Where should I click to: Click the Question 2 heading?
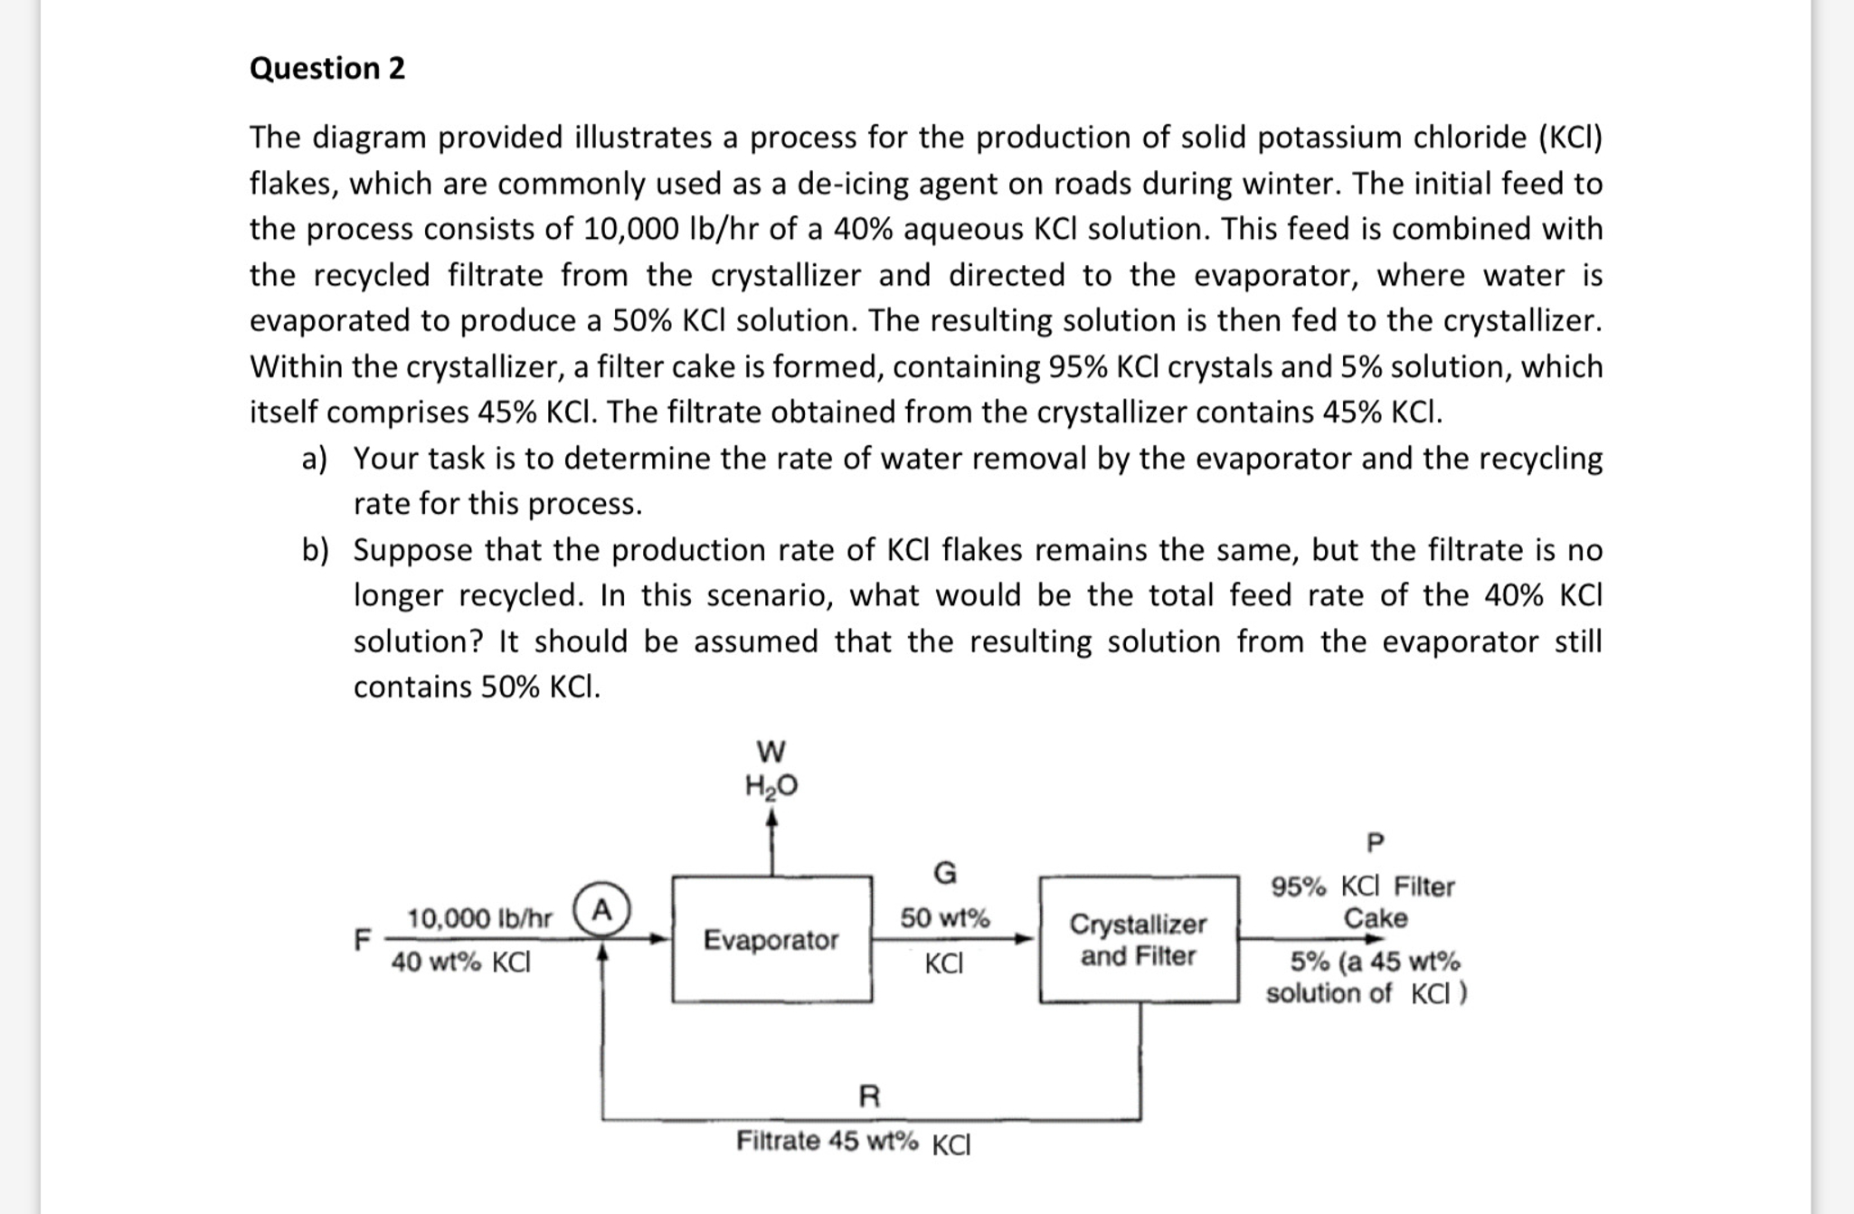pyautogui.click(x=326, y=69)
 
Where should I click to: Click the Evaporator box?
pyautogui.click(x=771, y=939)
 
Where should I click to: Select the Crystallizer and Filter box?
pyautogui.click(x=1138, y=939)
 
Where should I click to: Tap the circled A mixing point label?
pyautogui.click(x=602, y=909)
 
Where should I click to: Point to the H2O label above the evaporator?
pyautogui.click(x=771, y=785)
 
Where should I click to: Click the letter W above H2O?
pyautogui.click(x=771, y=751)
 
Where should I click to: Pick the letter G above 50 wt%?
pyautogui.click(x=944, y=873)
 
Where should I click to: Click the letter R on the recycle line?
pyautogui.click(x=868, y=1096)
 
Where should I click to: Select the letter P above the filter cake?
pyautogui.click(x=1375, y=842)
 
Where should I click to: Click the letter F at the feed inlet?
pyautogui.click(x=362, y=940)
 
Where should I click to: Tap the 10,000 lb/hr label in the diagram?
pyautogui.click(x=478, y=918)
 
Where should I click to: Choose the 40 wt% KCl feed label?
pyautogui.click(x=460, y=962)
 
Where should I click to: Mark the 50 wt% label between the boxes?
pyautogui.click(x=944, y=918)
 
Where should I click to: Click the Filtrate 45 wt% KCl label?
pyautogui.click(x=853, y=1142)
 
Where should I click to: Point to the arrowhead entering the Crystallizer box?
pyautogui.click(x=1026, y=939)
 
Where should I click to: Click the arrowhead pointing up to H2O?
pyautogui.click(x=771, y=817)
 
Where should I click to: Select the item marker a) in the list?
pyautogui.click(x=315, y=459)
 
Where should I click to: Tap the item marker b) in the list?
pyautogui.click(x=315, y=550)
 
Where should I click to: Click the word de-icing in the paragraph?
pyautogui.click(x=853, y=184)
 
